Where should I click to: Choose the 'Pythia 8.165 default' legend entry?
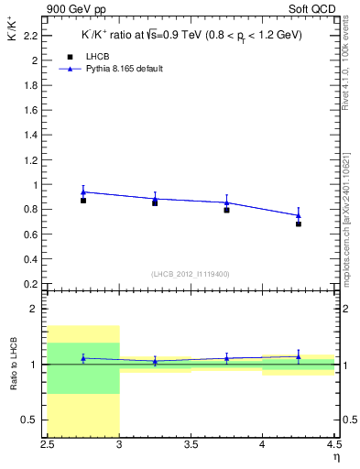coord(124,69)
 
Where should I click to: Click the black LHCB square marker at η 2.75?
coord(83,200)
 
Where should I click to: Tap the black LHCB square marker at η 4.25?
coord(299,224)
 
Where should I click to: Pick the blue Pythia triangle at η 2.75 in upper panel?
coord(83,191)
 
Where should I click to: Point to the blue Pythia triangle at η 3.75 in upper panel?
coord(226,202)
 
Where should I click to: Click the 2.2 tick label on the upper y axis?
coord(32,36)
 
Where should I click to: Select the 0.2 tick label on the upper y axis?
coord(32,284)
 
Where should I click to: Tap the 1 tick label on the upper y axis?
coord(36,185)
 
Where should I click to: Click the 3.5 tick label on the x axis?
coord(191,448)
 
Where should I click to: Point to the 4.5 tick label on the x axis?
coord(333,448)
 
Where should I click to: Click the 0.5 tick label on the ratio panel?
coord(32,420)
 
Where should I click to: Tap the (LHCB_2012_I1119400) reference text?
coord(191,274)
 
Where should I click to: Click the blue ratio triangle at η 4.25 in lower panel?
coord(299,356)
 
